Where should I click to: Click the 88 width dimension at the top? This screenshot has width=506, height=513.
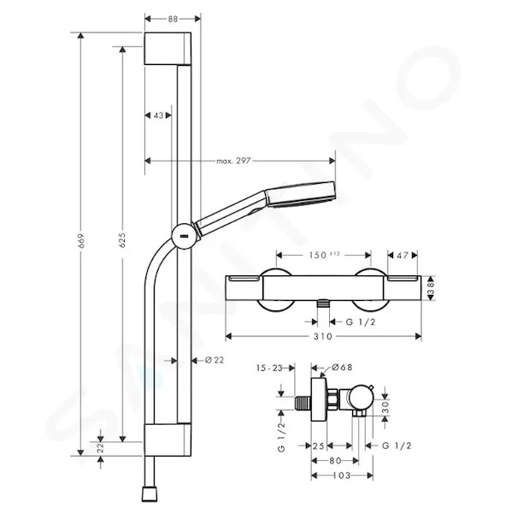pos(173,19)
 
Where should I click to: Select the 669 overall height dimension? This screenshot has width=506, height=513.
pos(81,240)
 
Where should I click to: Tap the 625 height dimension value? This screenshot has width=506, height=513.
pos(122,240)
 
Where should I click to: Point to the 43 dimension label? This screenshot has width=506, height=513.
pos(158,115)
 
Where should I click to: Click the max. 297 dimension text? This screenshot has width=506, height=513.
pos(233,161)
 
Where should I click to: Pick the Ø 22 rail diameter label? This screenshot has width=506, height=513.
pos(215,360)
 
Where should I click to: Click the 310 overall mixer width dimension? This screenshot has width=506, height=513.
pos(323,336)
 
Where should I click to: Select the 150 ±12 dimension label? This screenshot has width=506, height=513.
pos(325,255)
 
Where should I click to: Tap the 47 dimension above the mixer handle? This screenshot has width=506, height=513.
pos(403,255)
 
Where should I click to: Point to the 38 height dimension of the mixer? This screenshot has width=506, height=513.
pos(431,288)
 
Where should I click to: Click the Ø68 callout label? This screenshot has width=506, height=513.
pos(342,367)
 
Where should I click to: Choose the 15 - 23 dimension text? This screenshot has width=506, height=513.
pos(269,368)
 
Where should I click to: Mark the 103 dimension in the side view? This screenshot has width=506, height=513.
pos(342,475)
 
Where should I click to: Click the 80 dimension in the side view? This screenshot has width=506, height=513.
pos(335,461)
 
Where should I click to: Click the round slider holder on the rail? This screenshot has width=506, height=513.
pos(185,236)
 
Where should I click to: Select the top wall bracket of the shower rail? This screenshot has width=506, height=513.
pos(168,49)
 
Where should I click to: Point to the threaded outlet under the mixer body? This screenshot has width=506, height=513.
pos(323,304)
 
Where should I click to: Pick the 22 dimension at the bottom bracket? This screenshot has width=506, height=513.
pos(101,447)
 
